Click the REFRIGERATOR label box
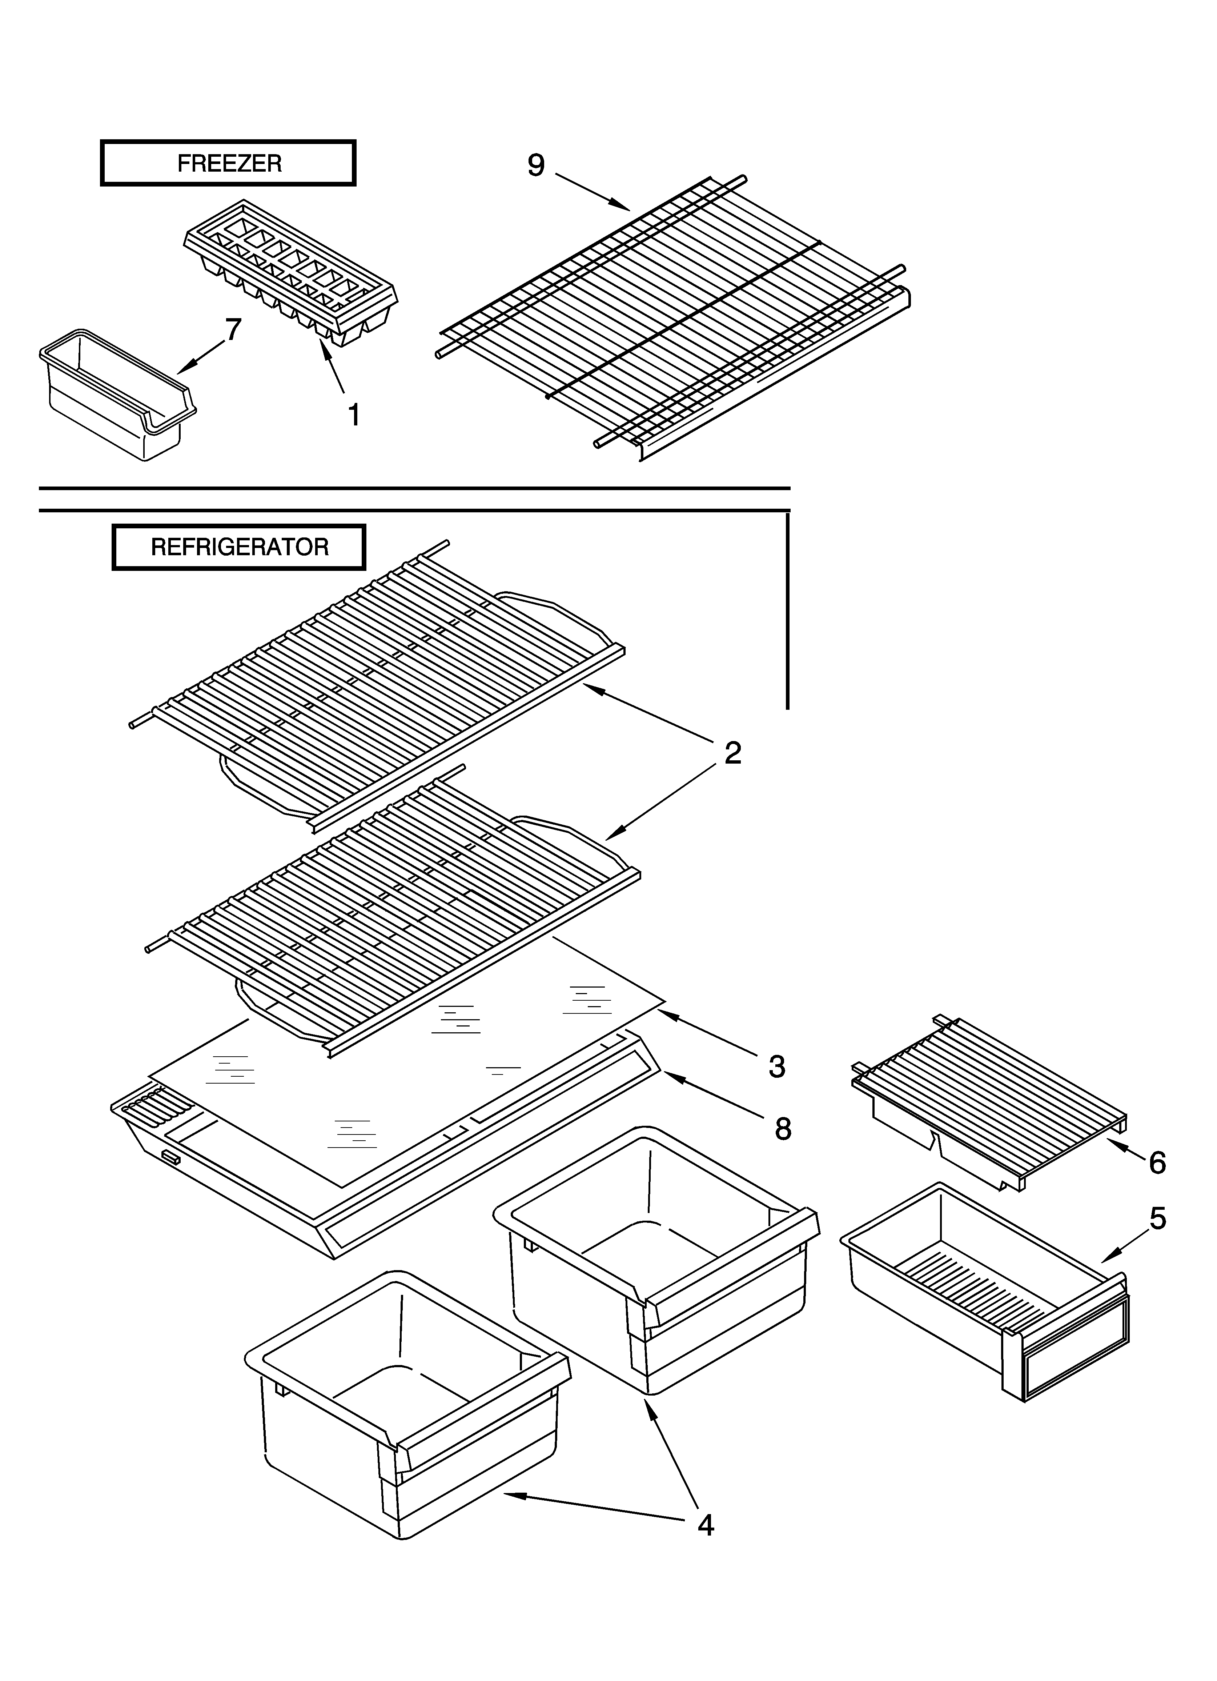239,547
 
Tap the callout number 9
536,165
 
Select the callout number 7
233,329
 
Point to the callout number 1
354,415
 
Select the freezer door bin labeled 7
115,397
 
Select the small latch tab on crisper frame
170,1157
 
